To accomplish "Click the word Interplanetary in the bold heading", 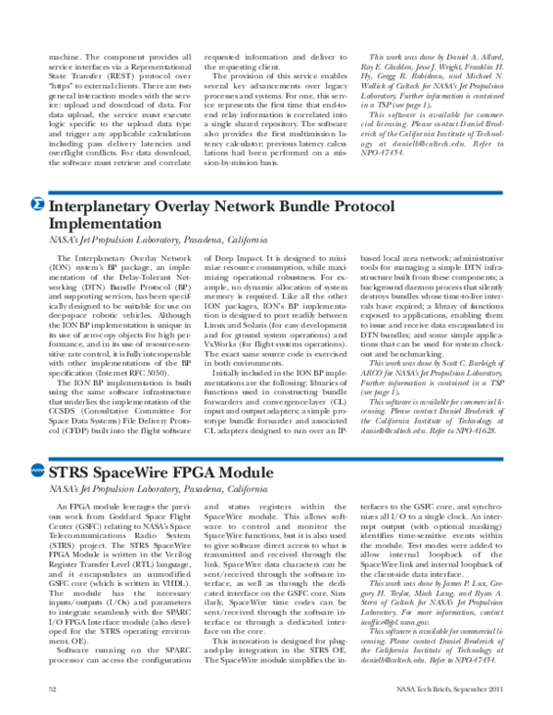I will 101,205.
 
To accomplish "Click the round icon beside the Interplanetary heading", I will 36,205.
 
